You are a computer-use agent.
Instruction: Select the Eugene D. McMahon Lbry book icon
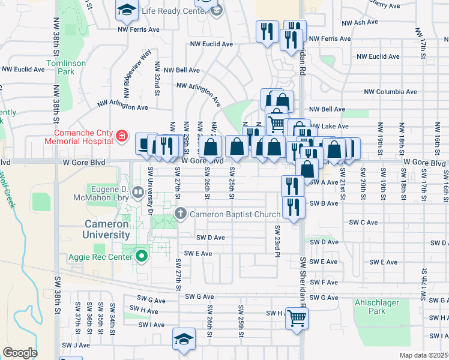tap(138, 193)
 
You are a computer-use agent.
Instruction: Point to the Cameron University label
tap(97, 229)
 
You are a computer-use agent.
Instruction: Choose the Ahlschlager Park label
tap(376, 307)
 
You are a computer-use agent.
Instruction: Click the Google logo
tap(20, 353)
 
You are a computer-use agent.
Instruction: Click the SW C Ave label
tap(364, 223)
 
